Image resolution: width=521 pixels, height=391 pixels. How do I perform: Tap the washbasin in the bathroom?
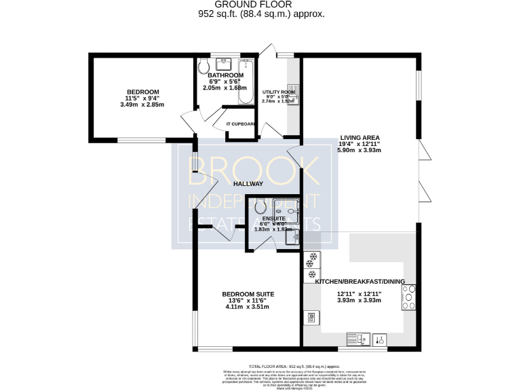[x=223, y=64]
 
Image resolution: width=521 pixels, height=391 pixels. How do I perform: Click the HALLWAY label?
[x=248, y=184]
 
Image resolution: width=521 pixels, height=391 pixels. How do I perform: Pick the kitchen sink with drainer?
[x=357, y=338]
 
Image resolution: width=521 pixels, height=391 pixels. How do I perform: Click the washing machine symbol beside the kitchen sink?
[x=381, y=338]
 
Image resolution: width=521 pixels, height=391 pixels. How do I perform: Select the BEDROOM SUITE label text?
[x=248, y=294]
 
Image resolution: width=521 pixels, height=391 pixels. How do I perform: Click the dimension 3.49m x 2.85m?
[x=142, y=105]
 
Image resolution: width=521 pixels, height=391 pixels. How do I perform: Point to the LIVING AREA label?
[x=360, y=137]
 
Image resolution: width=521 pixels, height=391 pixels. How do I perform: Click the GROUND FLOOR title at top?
[x=260, y=4]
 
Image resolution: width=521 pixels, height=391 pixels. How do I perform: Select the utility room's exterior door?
[x=267, y=50]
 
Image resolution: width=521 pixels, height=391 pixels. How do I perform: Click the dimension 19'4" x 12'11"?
[x=360, y=143]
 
